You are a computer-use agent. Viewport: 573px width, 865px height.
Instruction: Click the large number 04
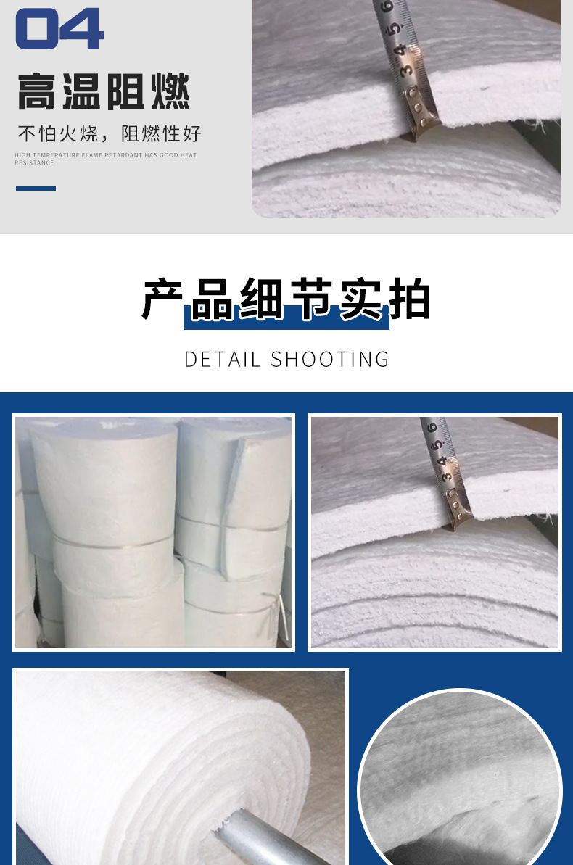click(x=59, y=29)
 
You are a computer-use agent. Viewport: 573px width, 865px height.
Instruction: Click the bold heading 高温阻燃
click(x=104, y=91)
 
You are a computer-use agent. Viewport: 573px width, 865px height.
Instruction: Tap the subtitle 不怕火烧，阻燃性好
click(x=110, y=133)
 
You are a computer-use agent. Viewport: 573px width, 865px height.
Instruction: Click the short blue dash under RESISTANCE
click(x=36, y=189)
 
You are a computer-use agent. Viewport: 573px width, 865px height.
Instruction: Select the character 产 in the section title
click(x=162, y=299)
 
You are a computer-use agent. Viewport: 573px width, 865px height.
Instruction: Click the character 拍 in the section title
click(x=410, y=299)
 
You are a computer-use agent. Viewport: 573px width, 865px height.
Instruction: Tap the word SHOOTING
click(x=330, y=360)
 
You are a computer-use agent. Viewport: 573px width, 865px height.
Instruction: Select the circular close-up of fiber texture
click(x=460, y=778)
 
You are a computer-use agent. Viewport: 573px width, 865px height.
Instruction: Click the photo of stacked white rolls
click(x=154, y=532)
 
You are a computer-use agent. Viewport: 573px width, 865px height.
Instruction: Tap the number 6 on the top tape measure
click(x=387, y=7)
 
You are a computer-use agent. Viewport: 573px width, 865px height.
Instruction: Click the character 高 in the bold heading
click(x=37, y=91)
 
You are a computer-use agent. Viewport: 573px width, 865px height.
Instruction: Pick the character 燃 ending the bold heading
click(x=170, y=91)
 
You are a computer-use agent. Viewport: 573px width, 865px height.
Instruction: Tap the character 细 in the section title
click(x=262, y=299)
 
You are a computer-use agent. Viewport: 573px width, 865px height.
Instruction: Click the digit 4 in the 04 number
click(x=82, y=29)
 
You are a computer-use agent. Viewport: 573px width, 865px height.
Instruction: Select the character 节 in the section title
click(x=311, y=299)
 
